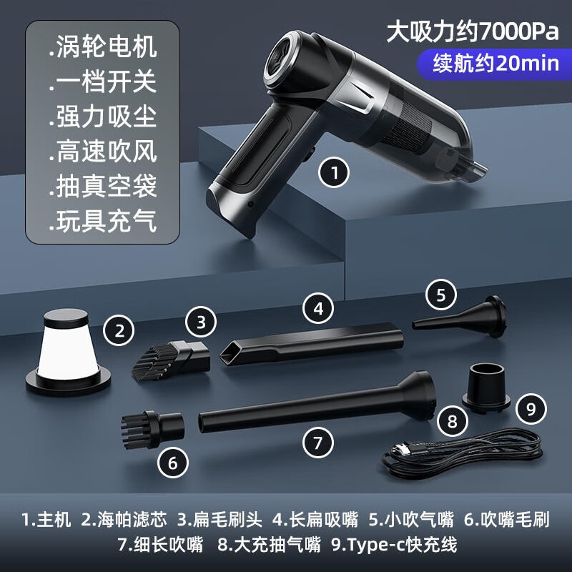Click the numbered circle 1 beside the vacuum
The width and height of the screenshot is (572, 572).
[334, 172]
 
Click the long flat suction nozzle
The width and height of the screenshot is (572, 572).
[311, 344]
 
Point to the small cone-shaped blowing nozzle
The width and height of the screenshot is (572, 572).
[460, 316]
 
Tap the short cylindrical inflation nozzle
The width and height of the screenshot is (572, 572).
[486, 388]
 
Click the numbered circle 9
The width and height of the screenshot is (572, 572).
[531, 409]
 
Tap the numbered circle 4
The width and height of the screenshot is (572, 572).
[318, 309]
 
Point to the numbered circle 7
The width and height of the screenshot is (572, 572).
[317, 443]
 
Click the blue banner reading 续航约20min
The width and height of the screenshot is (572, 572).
[494, 64]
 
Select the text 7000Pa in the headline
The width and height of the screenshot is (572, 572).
[519, 31]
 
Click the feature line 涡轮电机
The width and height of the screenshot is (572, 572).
[103, 46]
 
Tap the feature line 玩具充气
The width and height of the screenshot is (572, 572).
[103, 221]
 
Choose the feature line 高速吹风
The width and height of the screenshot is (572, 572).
[103, 152]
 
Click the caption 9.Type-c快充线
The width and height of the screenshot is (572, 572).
[395, 545]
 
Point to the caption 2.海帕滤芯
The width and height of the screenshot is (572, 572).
[124, 519]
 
